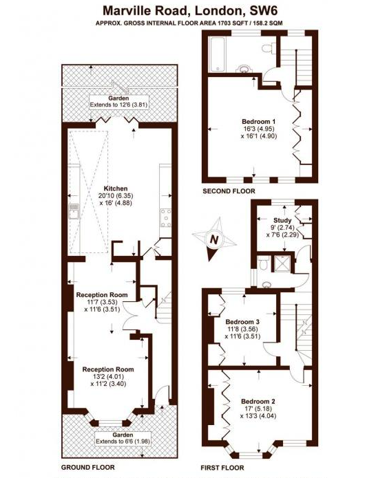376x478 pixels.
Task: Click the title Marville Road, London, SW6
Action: tap(190, 11)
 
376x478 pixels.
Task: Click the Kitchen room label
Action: tap(116, 188)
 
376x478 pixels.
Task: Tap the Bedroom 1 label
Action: tap(258, 121)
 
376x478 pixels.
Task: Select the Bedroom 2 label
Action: tap(258, 401)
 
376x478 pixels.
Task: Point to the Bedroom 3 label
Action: tap(242, 322)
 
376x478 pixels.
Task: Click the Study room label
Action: tap(282, 220)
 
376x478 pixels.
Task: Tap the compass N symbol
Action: tap(215, 239)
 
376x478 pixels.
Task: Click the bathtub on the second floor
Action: tap(218, 55)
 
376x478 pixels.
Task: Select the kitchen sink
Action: tap(74, 211)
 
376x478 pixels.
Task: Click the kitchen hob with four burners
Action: tap(166, 217)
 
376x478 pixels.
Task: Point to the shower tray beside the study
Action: tap(282, 263)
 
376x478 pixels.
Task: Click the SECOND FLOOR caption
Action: tap(229, 191)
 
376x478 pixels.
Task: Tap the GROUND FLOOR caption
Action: tap(88, 467)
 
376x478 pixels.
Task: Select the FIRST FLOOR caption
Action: tap(222, 468)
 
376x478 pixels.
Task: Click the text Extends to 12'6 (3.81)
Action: tap(118, 105)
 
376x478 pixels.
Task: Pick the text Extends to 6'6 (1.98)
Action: tap(123, 442)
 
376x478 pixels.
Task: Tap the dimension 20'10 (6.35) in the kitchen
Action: tap(116, 195)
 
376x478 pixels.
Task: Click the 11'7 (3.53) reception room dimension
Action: tap(102, 302)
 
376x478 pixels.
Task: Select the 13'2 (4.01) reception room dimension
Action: tap(108, 376)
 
